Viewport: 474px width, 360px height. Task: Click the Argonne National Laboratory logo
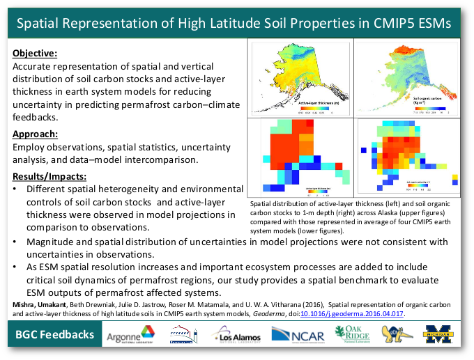130,335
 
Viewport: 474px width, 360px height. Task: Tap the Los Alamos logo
239,335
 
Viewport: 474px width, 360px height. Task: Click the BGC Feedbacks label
54,335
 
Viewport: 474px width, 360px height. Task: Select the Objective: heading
35,53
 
